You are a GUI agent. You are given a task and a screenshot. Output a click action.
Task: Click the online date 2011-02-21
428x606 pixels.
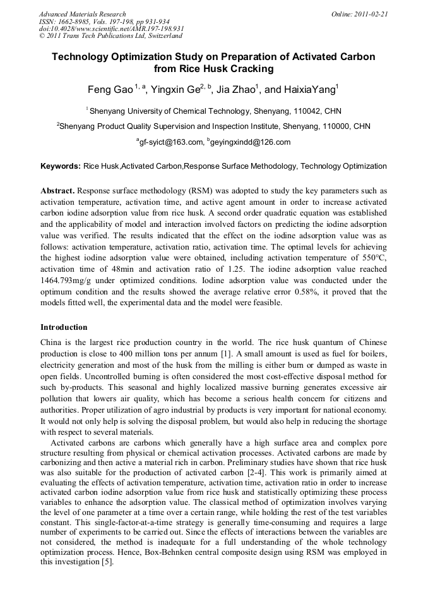tap(370, 14)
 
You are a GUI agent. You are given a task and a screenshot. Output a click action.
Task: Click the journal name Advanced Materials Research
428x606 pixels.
tap(82, 14)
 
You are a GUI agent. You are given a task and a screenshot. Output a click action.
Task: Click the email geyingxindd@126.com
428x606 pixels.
tap(249, 142)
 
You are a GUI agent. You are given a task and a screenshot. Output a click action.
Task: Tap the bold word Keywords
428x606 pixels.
tap(60, 167)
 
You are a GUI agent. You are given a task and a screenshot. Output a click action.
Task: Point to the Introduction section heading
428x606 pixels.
tap(64, 327)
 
